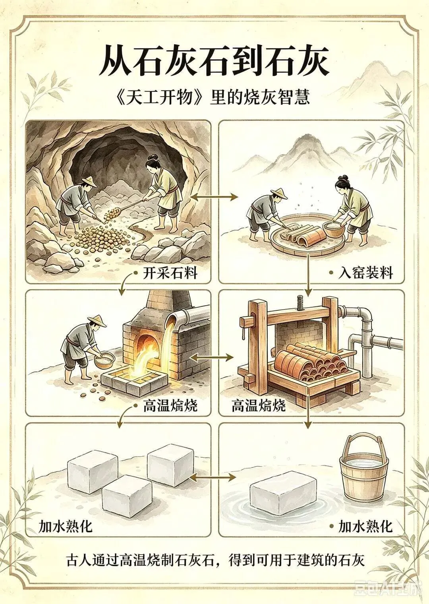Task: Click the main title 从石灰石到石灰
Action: pos(214,62)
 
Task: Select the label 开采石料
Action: pos(170,274)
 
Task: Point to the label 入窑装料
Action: pos(365,274)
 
